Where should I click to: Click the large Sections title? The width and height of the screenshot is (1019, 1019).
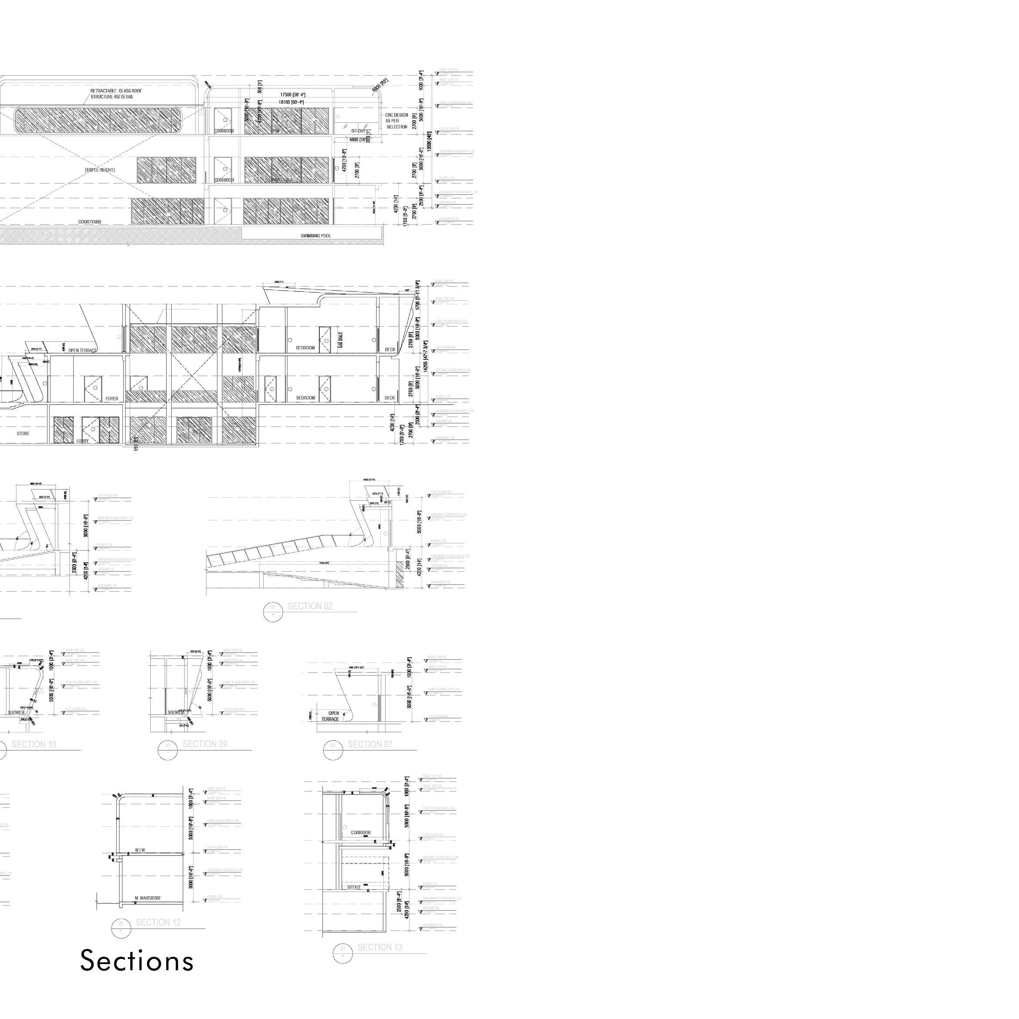click(x=137, y=961)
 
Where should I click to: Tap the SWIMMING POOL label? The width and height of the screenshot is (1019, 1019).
click(x=316, y=236)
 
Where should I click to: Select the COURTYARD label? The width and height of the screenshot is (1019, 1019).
click(x=90, y=222)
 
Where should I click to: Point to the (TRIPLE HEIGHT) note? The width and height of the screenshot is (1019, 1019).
click(x=100, y=170)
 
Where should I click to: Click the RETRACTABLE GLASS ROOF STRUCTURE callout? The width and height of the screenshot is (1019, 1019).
click(x=116, y=94)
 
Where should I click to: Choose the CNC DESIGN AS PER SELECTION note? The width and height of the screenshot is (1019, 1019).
click(x=396, y=121)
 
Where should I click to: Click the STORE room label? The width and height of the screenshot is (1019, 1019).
click(x=23, y=433)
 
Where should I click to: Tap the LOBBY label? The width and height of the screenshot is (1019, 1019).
click(x=83, y=441)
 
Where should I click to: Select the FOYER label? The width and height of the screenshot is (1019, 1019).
click(x=112, y=399)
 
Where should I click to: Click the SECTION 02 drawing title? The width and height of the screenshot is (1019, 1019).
click(x=310, y=606)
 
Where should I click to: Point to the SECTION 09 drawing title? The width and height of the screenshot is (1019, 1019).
click(x=205, y=744)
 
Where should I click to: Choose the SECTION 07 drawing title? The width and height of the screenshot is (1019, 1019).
click(x=370, y=745)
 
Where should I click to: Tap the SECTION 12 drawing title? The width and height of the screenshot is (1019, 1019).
click(x=158, y=922)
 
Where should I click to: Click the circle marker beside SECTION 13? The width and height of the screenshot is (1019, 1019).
click(x=343, y=953)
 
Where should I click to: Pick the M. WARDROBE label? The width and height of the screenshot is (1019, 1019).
click(x=148, y=898)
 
